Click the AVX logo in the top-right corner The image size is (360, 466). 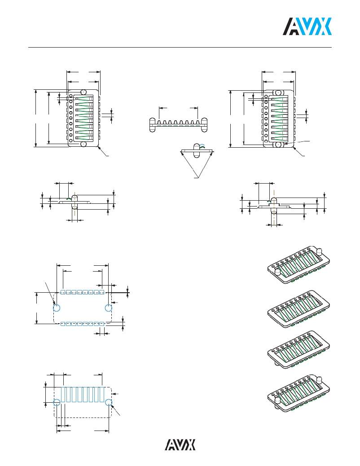(307, 26)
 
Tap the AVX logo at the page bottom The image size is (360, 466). (180, 444)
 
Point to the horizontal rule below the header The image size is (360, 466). (180, 47)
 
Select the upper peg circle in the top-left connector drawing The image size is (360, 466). (83, 92)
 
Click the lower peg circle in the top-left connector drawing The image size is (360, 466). (83, 144)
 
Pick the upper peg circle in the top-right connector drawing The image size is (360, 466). (279, 92)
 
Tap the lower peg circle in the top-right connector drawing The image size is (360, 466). (279, 145)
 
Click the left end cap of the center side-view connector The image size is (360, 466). (152, 125)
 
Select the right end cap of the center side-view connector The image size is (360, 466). (204, 125)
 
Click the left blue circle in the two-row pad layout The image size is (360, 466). (57, 308)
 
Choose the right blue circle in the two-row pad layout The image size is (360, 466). (109, 308)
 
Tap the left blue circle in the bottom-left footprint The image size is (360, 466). (57, 402)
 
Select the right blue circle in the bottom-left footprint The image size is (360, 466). (109, 402)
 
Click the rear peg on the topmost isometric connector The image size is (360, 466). (320, 251)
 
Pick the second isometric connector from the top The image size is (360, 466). (299, 309)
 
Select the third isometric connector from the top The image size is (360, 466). (299, 349)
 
